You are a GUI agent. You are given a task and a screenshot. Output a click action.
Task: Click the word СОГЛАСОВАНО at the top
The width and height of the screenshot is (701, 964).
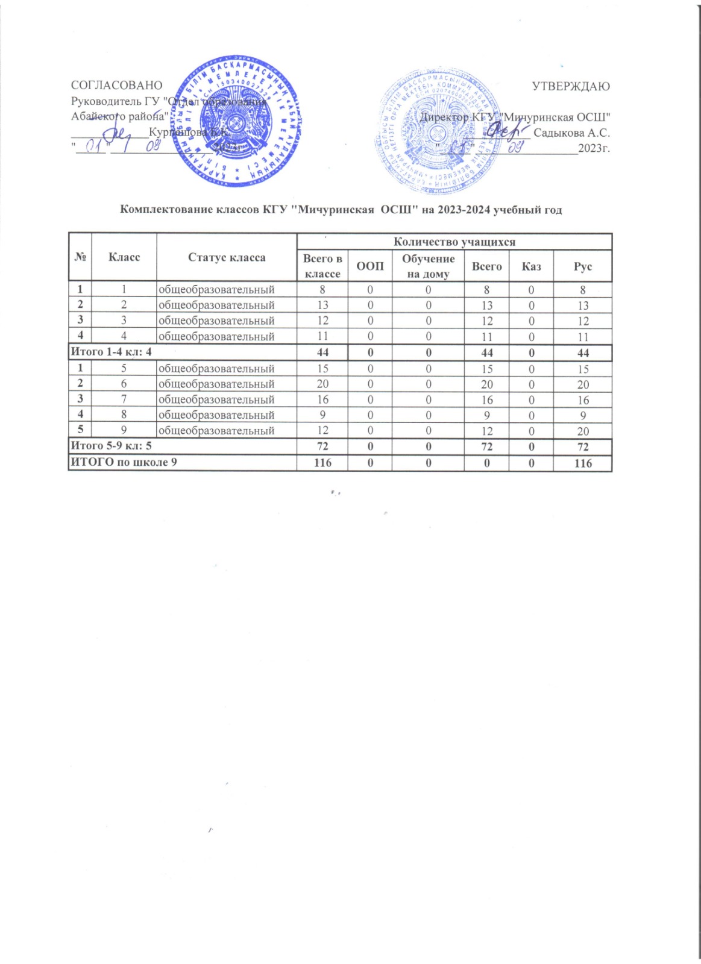point(117,86)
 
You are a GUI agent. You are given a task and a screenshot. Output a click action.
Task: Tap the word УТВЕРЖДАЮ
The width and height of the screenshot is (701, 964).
point(571,86)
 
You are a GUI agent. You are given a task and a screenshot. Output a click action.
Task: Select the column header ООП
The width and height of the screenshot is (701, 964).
point(370,266)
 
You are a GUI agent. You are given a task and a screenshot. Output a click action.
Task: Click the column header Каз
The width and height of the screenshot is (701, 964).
point(531,266)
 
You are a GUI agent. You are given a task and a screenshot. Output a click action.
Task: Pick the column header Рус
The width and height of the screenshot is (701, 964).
point(583,266)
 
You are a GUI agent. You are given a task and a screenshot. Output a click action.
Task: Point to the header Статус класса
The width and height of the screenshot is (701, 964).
point(227,258)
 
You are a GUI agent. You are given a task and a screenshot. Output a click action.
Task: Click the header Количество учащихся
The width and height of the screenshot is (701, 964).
point(454,242)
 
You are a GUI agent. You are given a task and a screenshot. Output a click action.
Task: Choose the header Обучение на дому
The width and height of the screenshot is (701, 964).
point(429,266)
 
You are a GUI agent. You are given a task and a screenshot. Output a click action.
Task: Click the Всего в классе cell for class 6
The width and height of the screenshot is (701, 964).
point(323,384)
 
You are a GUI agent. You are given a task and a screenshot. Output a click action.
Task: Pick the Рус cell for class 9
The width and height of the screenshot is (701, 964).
point(583,431)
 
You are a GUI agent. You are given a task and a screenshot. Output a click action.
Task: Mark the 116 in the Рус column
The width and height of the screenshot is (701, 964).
point(583,463)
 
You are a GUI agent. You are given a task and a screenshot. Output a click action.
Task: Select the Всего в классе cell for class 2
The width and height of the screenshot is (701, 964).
point(323,305)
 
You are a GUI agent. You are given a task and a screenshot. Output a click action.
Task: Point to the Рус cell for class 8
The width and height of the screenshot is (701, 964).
point(583,416)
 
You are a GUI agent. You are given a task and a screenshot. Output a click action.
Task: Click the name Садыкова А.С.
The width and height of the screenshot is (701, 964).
point(571,133)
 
